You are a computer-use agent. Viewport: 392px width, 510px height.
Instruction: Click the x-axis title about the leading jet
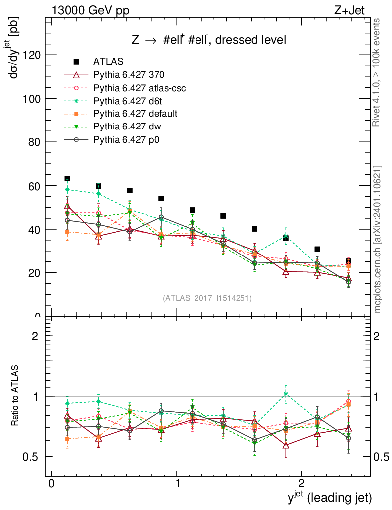click(330, 497)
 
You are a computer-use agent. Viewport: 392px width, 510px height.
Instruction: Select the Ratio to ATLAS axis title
click(16, 396)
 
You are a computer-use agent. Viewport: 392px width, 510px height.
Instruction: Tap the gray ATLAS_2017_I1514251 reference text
click(207, 298)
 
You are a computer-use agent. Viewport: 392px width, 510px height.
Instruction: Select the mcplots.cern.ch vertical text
click(378, 239)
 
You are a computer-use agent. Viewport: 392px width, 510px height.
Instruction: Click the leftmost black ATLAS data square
click(67, 179)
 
